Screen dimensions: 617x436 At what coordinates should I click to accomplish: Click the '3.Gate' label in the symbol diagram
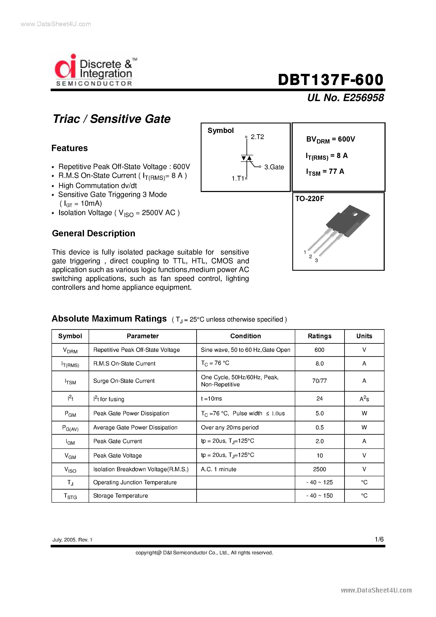[x=274, y=167]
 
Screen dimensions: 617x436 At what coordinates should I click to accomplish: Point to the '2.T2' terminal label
[x=257, y=137]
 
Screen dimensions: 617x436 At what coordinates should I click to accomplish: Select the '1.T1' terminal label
[x=238, y=179]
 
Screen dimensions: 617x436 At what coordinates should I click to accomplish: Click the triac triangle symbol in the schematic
[x=246, y=158]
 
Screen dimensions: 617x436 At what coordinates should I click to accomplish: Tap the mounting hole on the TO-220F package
[x=355, y=214]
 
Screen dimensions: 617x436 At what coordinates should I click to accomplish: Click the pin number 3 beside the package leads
[x=316, y=260]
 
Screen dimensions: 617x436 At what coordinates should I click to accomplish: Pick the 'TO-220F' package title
[x=310, y=199]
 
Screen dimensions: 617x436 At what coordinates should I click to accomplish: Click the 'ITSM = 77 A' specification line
[x=325, y=172]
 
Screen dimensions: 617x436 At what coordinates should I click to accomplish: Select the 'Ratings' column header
[x=319, y=336]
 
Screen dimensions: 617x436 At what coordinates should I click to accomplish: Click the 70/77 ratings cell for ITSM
[x=319, y=381]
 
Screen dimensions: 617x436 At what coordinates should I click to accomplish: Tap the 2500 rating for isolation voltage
[x=319, y=469]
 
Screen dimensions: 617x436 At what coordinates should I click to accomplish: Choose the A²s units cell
[x=364, y=399]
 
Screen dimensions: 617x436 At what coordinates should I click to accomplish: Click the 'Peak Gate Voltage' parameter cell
[x=118, y=456]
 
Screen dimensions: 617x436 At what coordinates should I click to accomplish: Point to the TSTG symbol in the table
[x=70, y=496]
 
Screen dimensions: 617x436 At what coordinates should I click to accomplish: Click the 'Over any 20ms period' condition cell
[x=230, y=428]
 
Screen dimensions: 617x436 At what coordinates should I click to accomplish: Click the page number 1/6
[x=379, y=539]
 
